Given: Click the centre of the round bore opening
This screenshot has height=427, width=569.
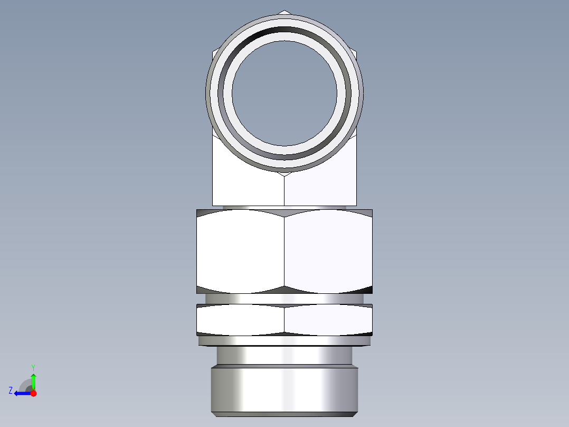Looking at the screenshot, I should pos(284,93).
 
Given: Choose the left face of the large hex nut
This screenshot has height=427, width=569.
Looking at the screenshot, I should pos(240,251).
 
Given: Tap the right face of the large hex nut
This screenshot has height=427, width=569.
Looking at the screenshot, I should pos(328,251).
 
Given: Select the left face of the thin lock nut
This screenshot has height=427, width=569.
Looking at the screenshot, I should pos(240,319).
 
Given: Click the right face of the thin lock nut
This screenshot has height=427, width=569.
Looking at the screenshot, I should pos(328,319).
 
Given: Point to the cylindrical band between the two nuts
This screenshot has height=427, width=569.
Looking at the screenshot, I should pos(284,299).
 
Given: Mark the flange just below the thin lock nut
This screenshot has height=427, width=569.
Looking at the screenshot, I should pos(284,341).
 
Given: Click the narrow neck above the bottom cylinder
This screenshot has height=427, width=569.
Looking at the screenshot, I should pos(284,355).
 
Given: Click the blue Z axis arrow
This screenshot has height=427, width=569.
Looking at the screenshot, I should pos(21,393).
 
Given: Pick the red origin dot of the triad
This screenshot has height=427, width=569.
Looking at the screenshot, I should pos(33,393).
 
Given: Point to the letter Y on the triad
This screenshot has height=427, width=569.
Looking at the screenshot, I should pos(33,367).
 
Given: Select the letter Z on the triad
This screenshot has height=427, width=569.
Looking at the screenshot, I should pos(11,391).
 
